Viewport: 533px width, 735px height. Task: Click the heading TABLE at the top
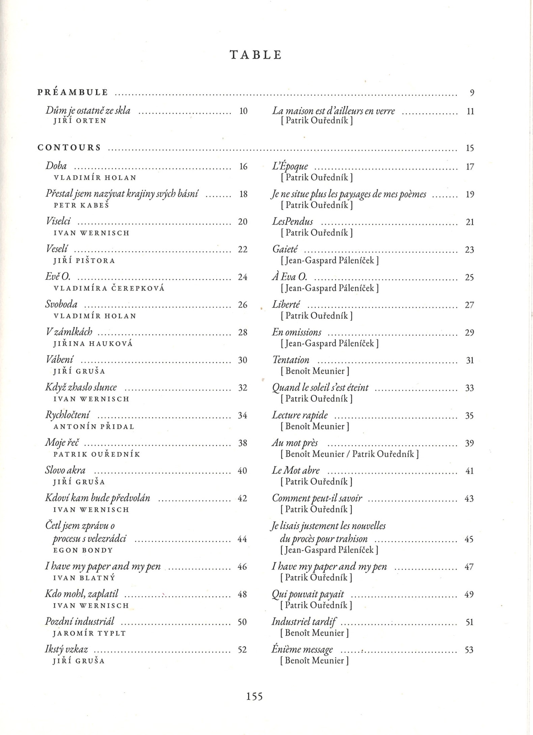point(256,55)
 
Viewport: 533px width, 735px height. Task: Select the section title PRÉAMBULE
point(73,92)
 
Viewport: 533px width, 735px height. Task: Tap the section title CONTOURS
point(69,148)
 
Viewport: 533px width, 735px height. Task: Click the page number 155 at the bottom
point(254,696)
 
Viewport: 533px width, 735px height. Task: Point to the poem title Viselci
point(58,221)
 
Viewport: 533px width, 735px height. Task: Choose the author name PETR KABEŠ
point(81,205)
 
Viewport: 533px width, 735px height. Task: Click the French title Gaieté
point(285,249)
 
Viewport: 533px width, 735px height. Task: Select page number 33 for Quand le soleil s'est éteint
point(469,388)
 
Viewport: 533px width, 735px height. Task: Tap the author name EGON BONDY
point(83,550)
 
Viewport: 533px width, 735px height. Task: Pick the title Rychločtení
point(67,415)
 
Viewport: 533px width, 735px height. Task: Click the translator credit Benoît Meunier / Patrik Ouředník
point(349,454)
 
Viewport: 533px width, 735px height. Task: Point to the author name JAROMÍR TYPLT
point(89,633)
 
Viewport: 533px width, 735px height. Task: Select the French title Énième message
point(302,650)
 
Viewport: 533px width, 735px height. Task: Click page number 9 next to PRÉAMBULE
point(472,93)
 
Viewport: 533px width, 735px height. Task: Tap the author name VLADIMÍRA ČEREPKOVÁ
point(109,288)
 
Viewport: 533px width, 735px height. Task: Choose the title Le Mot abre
point(296,470)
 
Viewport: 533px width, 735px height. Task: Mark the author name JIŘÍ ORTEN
point(80,121)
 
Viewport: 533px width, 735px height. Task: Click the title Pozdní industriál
point(80,621)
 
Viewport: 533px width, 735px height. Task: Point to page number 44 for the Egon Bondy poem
point(242,539)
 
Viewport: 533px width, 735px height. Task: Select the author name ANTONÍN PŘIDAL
point(94,427)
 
